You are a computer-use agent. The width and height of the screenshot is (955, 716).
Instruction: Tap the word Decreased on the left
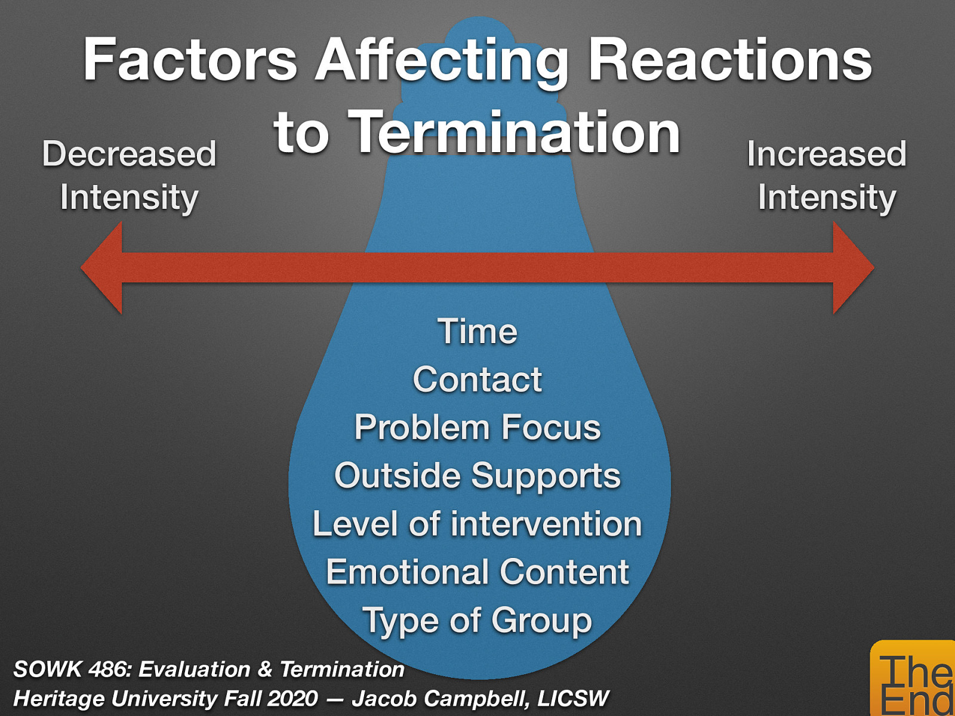pos(129,154)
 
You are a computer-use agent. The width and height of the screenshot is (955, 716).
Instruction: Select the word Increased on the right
pos(826,154)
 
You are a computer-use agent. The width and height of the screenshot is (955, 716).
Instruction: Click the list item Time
pos(478,332)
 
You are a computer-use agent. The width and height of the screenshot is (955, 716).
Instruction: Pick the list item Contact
pos(478,379)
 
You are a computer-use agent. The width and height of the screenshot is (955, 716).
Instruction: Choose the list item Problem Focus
pos(478,428)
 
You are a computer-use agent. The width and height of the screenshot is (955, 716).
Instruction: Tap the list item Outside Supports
pos(478,476)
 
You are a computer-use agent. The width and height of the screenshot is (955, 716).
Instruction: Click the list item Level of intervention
pos(478,524)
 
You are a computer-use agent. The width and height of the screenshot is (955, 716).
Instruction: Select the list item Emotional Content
pos(478,572)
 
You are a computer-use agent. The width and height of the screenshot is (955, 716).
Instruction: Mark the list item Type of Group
pos(478,621)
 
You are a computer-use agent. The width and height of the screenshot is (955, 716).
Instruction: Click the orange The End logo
pos(913,680)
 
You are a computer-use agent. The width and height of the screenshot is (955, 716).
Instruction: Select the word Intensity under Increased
pos(826,197)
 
